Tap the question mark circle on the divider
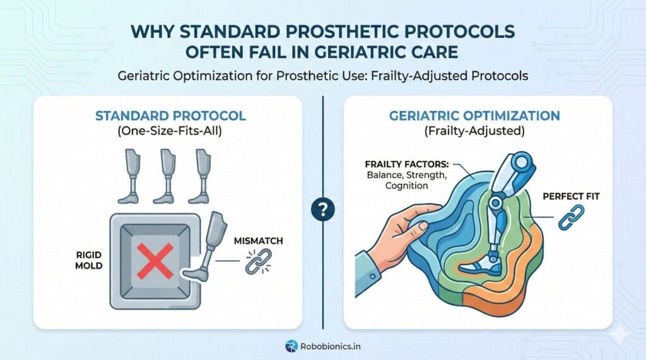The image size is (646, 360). coord(322,209)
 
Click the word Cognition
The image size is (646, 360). coord(389,185)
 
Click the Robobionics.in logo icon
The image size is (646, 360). coord(291,345)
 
